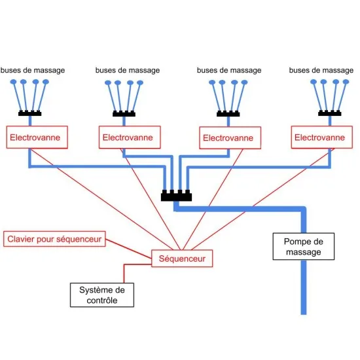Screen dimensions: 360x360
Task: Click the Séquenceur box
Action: (x=182, y=259)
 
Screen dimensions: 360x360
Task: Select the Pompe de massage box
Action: (x=304, y=246)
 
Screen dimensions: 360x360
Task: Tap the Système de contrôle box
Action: (x=102, y=295)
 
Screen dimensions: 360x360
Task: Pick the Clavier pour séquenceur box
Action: (x=54, y=239)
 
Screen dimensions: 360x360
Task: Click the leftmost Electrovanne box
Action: (x=37, y=137)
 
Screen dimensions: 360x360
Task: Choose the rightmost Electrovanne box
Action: (x=322, y=137)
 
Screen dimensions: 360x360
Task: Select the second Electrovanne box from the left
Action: (x=130, y=137)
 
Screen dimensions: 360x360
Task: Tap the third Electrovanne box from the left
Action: (x=230, y=137)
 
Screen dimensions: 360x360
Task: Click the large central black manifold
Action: (x=176, y=196)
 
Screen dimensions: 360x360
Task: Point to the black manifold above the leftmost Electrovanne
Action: (x=30, y=113)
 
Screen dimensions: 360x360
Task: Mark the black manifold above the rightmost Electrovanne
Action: (x=330, y=113)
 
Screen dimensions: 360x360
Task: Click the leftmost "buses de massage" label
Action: (x=33, y=70)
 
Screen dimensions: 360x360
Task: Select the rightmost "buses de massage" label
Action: (x=321, y=70)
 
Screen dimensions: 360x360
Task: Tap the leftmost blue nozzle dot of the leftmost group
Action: (x=14, y=82)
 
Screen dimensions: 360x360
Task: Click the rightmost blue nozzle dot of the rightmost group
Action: (x=346, y=82)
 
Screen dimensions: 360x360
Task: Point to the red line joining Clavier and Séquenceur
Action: (x=128, y=249)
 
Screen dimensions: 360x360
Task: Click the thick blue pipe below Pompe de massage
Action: (x=304, y=287)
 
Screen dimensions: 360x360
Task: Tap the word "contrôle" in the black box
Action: (x=102, y=300)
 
